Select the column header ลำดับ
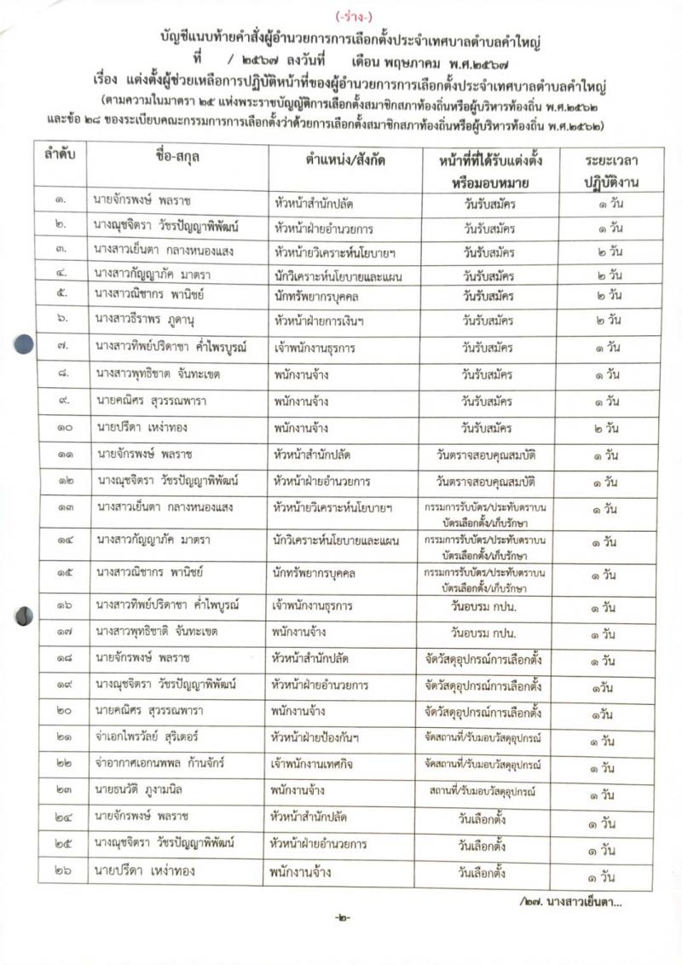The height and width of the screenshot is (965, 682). [x=61, y=158]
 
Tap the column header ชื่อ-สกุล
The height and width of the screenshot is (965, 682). [x=178, y=159]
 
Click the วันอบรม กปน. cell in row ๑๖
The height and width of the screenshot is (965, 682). [x=487, y=607]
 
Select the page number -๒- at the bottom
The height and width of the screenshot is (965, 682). [x=341, y=918]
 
